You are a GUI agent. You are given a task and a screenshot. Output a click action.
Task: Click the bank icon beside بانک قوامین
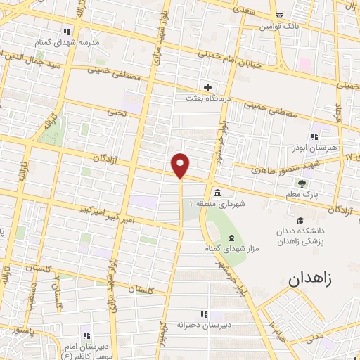pyautogui.click(x=280, y=15)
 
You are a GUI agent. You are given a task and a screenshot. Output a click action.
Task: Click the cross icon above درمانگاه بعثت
pyautogui.click(x=207, y=87)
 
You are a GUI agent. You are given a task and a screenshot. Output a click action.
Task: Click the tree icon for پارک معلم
pyautogui.click(x=311, y=184)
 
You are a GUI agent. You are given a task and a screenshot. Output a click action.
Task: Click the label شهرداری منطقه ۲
pyautogui.click(x=215, y=204)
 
